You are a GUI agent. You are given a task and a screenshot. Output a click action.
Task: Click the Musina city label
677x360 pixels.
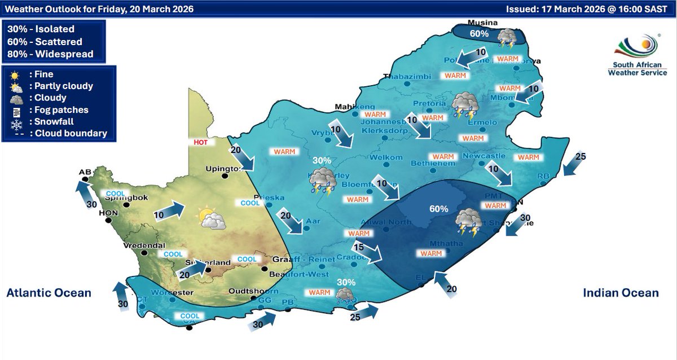coord(482,23)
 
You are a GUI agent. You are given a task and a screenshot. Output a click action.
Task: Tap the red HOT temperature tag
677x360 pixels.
coord(200,143)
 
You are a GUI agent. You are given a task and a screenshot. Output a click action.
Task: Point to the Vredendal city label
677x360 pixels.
coord(145,245)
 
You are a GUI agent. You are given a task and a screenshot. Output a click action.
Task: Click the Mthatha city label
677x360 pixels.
coord(431,244)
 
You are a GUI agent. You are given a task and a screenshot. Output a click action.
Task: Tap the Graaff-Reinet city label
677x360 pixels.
coord(300,259)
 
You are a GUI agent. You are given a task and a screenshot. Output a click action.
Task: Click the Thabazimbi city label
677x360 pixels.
coord(407,77)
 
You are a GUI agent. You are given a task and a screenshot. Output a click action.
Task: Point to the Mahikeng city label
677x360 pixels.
coord(354,107)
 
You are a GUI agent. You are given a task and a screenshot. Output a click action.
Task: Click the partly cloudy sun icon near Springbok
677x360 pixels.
coord(211,218)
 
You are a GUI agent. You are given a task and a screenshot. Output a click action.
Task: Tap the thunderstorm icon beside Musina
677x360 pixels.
coord(507,37)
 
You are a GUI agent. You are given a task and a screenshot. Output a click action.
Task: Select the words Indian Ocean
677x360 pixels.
coord(621,293)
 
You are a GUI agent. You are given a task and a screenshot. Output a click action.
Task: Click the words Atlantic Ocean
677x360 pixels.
coord(49,293)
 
